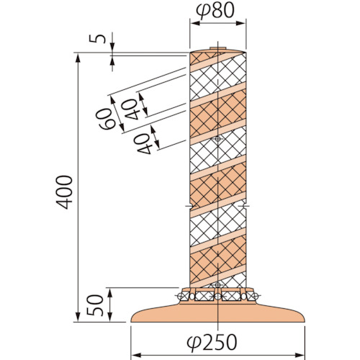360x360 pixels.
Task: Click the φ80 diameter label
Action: (215, 12)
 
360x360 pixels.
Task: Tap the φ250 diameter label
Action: (212, 341)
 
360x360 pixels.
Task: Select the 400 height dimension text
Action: (64, 192)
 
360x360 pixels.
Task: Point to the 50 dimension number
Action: (95, 305)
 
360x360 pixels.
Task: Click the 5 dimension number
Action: (97, 39)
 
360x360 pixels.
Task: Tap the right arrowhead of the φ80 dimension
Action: (240, 23)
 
